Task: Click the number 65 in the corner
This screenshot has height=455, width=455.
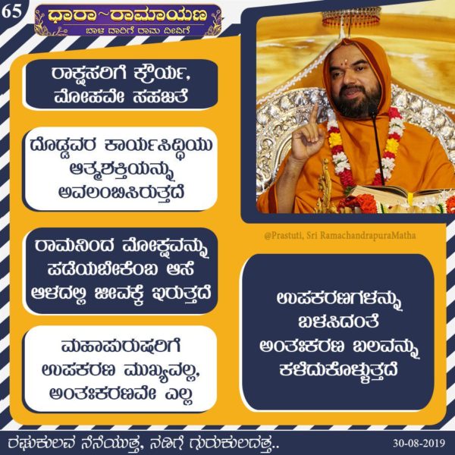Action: pyautogui.click(x=11, y=11)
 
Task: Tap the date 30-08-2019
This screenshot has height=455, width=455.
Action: pyautogui.click(x=419, y=443)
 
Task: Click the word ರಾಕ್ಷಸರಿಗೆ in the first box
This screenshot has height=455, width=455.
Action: pyautogui.click(x=89, y=74)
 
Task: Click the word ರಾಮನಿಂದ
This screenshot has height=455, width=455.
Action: pyautogui.click(x=74, y=246)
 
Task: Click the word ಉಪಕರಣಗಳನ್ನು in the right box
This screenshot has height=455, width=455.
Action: pyautogui.click(x=339, y=300)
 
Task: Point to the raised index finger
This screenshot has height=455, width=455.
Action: pyautogui.click(x=314, y=116)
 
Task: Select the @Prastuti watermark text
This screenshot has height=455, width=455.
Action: pyautogui.click(x=340, y=235)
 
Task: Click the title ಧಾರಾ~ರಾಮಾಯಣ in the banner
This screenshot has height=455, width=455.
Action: pyautogui.click(x=127, y=15)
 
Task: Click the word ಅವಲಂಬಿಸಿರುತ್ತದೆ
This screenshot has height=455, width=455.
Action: pyautogui.click(x=121, y=193)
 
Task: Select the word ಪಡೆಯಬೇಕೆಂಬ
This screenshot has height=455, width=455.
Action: pyautogui.click(x=102, y=269)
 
